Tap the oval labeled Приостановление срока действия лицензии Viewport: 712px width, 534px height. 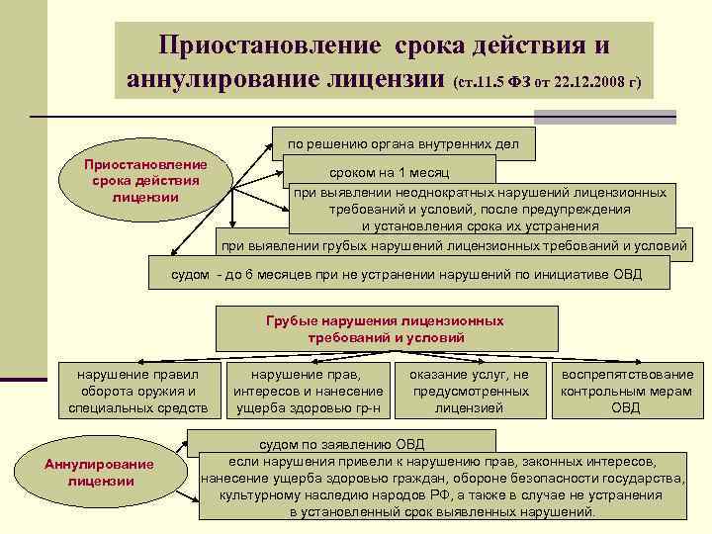(145, 181)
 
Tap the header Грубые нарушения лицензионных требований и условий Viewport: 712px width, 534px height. (385, 329)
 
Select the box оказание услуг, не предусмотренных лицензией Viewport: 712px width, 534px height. (469, 391)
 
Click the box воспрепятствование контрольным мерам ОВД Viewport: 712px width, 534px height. (627, 391)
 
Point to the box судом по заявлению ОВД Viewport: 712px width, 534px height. (341, 444)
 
